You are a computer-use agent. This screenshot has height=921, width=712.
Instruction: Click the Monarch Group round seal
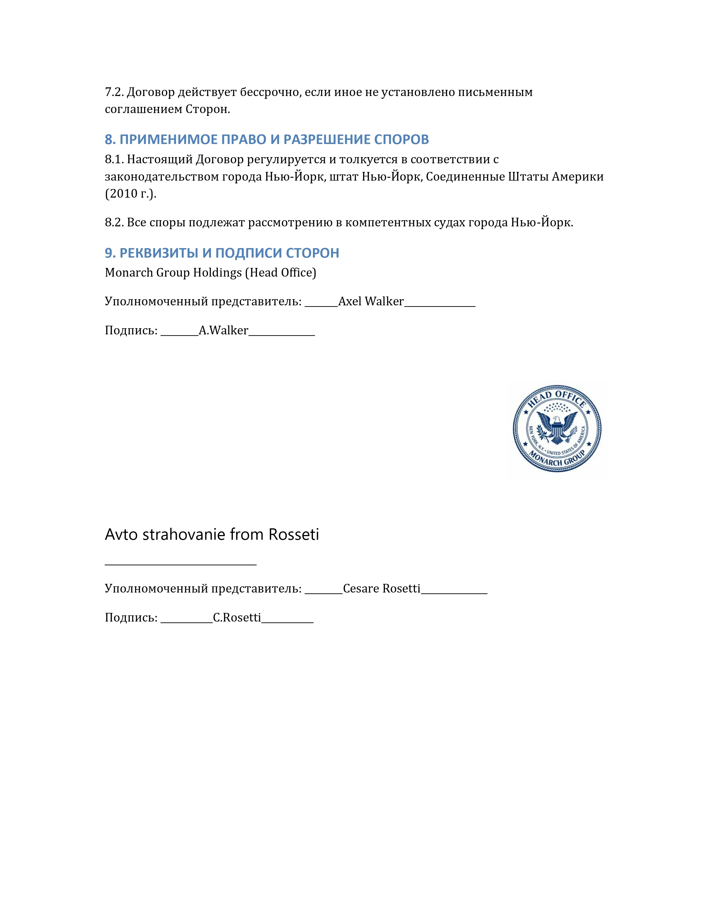[557, 428]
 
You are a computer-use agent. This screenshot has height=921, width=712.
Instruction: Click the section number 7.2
[114, 92]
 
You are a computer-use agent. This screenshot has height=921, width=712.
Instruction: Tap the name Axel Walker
[371, 301]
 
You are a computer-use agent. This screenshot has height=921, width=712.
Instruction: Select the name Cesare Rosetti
[382, 589]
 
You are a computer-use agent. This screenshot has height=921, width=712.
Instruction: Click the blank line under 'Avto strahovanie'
[181, 564]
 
